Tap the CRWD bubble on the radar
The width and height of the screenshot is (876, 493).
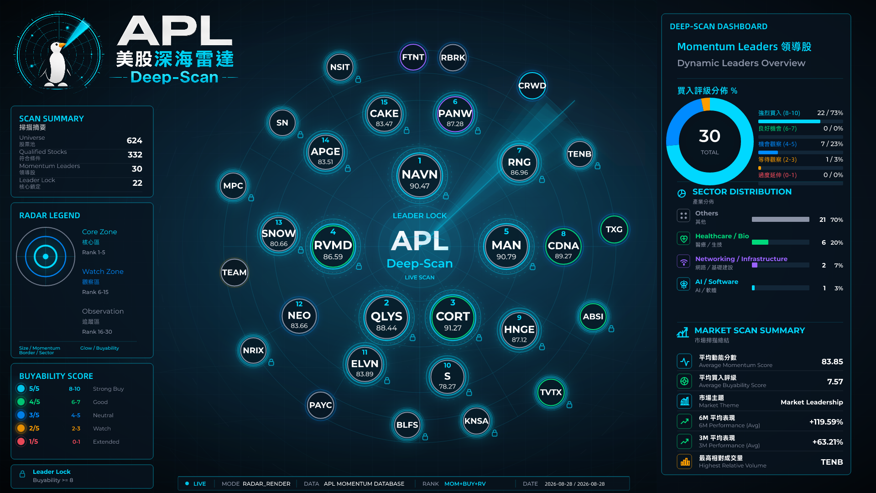pyautogui.click(x=532, y=85)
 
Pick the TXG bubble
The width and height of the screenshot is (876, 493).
pyautogui.click(x=614, y=229)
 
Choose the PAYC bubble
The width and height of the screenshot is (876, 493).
pyautogui.click(x=320, y=405)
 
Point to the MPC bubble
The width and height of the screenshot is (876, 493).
pyautogui.click(x=233, y=186)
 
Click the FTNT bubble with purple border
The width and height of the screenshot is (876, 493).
pyautogui.click(x=413, y=57)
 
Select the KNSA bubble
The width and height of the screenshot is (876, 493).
pyautogui.click(x=476, y=421)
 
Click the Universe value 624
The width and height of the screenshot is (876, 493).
pyautogui.click(x=134, y=141)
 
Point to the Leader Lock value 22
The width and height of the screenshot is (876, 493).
pyautogui.click(x=137, y=183)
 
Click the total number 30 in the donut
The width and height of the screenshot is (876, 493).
pyautogui.click(x=709, y=136)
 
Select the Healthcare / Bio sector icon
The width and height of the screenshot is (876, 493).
pyautogui.click(x=683, y=238)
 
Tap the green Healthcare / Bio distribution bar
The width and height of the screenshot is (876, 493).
pyautogui.click(x=760, y=242)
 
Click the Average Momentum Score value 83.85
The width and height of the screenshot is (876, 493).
pyautogui.click(x=832, y=362)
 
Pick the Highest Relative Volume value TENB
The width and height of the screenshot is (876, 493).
pyautogui.click(x=832, y=462)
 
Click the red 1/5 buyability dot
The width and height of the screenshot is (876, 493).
pyautogui.click(x=21, y=441)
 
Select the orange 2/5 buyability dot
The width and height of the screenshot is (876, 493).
pyautogui.click(x=21, y=428)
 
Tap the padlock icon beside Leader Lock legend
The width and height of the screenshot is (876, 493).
pyautogui.click(x=22, y=474)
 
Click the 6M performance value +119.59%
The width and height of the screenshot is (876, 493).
pyautogui.click(x=826, y=422)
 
